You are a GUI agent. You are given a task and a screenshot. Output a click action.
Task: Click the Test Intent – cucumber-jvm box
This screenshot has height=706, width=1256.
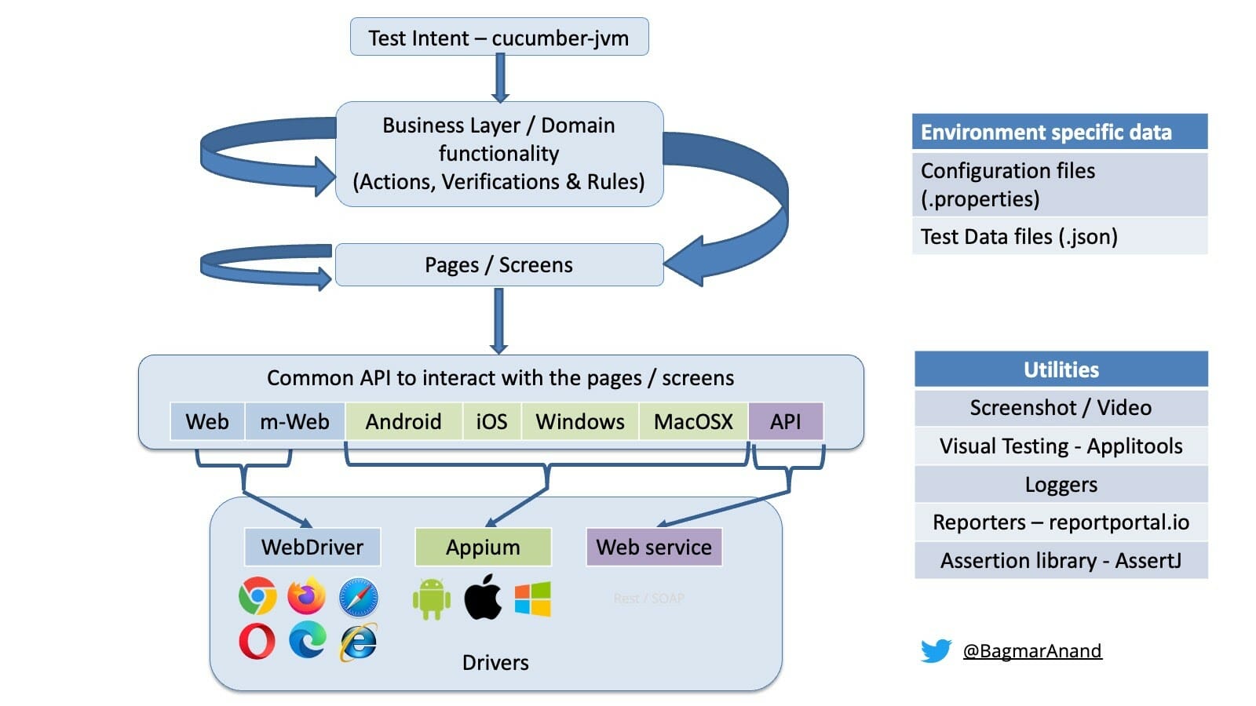pos(499,38)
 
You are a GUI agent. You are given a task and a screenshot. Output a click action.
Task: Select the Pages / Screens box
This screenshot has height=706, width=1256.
pos(499,265)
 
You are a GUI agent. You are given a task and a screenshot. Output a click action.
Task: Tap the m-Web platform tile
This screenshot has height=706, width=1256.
pos(295,422)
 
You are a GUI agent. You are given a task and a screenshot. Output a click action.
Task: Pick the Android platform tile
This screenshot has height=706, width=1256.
pos(403,422)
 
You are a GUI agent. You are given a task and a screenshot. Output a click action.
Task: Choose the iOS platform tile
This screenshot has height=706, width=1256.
pos(491,422)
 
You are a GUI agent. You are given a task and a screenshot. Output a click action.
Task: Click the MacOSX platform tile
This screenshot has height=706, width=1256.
pos(693,422)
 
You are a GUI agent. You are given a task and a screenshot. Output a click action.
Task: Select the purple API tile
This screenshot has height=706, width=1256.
pos(786,422)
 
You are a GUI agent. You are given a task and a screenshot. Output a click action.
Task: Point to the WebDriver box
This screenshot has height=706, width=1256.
pos(312,547)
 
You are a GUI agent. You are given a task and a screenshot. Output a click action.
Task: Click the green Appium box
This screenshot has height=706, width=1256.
pos(483,547)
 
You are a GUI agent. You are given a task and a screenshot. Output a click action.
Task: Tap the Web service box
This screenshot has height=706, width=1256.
pos(654,547)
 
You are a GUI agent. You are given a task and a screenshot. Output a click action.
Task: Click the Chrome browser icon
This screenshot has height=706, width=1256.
pos(257,597)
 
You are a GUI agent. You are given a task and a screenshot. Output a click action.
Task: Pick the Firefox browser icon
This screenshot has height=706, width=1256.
pos(307,597)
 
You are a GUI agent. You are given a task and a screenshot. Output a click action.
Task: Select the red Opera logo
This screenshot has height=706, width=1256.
pos(257,641)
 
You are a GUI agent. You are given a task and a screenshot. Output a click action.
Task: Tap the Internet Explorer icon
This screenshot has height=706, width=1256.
pos(359,642)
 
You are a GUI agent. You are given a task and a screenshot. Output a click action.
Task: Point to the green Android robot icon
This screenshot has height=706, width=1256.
pos(431,599)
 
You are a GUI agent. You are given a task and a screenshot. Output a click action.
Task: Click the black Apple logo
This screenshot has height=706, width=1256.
pos(483,597)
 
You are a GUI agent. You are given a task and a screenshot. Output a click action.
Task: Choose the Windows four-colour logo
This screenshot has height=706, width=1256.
pos(533,599)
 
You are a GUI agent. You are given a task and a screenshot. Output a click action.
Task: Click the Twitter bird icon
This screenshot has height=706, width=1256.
pos(936,650)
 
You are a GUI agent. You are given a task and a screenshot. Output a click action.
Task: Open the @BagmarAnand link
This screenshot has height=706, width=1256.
pos(1032,651)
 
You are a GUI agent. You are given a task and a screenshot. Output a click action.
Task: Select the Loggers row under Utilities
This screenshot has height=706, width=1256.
pos(1061,485)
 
